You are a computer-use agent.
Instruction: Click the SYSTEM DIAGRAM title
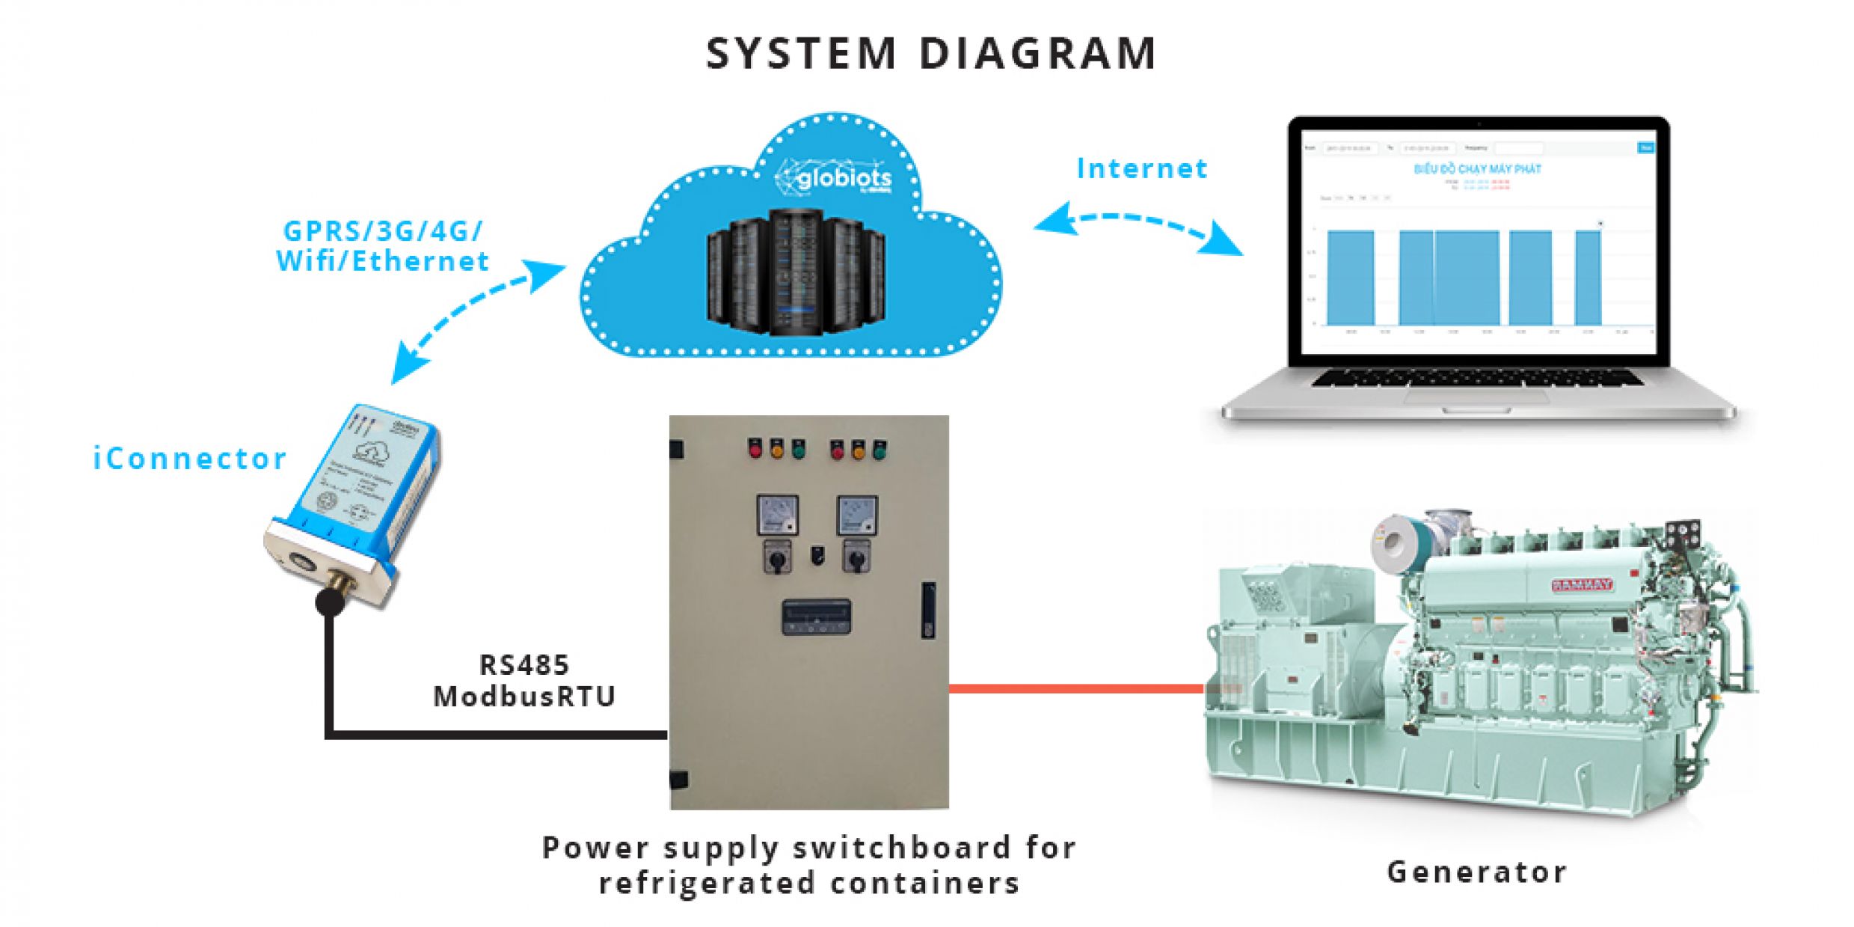tap(930, 54)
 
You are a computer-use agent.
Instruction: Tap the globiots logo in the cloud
tap(836, 178)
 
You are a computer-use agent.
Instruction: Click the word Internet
tap(1141, 168)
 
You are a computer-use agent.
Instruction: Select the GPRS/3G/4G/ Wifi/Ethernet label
tap(382, 246)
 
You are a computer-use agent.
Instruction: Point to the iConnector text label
tap(189, 459)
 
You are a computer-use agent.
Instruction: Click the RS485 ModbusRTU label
tap(524, 680)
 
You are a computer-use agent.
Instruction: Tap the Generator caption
tap(1476, 872)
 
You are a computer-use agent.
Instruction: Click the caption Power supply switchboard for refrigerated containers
tap(809, 865)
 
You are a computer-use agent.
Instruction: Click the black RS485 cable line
tap(494, 735)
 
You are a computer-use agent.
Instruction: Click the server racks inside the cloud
tap(796, 273)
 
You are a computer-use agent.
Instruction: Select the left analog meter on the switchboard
tap(777, 515)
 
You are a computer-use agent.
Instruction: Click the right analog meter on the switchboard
tap(856, 515)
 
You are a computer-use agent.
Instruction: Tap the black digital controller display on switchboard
tap(816, 617)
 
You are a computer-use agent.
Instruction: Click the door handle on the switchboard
tap(928, 610)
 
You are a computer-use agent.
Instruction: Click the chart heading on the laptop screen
tap(1477, 169)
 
